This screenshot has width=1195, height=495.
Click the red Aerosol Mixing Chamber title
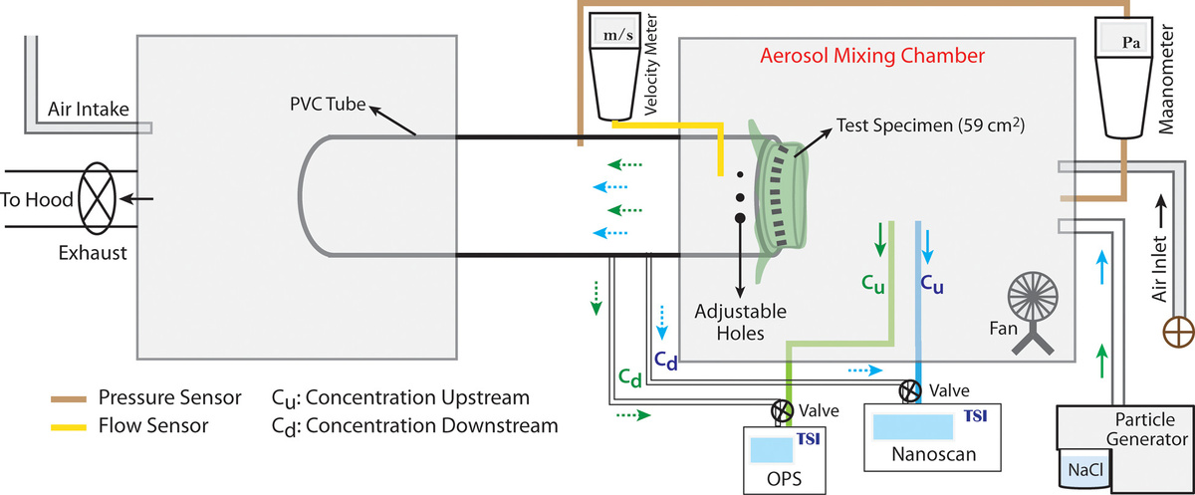click(x=872, y=56)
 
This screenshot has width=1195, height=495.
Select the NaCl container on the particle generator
click(x=1085, y=470)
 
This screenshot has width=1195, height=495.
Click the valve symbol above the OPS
click(x=782, y=410)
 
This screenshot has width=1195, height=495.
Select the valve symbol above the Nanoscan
click(x=909, y=391)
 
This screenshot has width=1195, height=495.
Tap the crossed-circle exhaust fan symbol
click(x=98, y=198)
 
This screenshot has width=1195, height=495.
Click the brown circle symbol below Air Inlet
click(x=1178, y=332)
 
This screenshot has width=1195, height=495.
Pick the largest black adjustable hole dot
click(x=740, y=218)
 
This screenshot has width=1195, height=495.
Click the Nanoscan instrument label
click(x=934, y=454)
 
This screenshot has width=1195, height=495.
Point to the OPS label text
click(x=784, y=479)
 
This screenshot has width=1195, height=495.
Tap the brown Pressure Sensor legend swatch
click(x=69, y=399)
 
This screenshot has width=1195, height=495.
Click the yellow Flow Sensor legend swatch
click(x=69, y=427)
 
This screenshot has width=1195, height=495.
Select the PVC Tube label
click(x=328, y=104)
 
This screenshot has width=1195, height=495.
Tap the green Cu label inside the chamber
click(x=872, y=284)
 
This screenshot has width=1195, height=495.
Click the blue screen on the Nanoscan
click(x=913, y=427)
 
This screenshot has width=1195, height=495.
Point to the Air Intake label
click(x=88, y=110)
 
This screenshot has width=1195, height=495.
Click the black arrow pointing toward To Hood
click(x=136, y=199)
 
